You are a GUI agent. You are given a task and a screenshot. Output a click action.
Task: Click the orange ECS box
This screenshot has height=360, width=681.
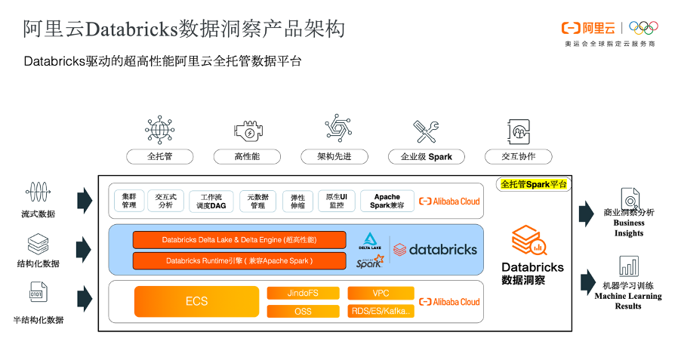click(196, 301)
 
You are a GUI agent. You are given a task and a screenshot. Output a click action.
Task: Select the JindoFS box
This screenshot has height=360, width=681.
click(303, 293)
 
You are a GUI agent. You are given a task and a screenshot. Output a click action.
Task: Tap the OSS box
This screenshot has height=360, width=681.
click(303, 311)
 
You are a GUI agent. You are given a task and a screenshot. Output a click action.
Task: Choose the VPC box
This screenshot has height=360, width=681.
click(381, 293)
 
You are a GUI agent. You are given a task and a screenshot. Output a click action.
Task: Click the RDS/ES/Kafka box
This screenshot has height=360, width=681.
click(381, 311)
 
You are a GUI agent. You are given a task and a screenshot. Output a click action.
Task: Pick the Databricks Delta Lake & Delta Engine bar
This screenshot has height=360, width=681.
click(239, 240)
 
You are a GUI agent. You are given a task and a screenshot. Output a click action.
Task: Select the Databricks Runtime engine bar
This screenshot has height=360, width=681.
click(239, 260)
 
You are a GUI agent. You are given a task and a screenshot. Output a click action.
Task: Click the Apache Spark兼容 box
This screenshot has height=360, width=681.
click(387, 201)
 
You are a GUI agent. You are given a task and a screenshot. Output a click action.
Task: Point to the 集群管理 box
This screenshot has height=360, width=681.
click(129, 201)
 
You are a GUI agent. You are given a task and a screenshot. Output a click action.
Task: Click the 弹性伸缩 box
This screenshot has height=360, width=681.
click(297, 202)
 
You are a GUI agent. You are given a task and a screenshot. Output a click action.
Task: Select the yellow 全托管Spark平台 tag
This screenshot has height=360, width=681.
click(534, 183)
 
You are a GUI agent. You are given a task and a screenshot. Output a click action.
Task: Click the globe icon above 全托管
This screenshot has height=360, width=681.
click(159, 130)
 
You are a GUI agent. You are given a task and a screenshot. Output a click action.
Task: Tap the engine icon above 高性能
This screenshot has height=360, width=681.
click(248, 131)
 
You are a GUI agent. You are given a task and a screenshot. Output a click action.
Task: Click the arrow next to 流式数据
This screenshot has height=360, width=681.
click(84, 201)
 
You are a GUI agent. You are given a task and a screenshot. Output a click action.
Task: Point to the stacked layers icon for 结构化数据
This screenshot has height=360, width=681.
click(38, 244)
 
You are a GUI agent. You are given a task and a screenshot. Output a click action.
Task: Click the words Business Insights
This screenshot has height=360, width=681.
click(628, 228)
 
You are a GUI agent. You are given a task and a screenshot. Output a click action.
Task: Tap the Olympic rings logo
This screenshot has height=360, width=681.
click(643, 28)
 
